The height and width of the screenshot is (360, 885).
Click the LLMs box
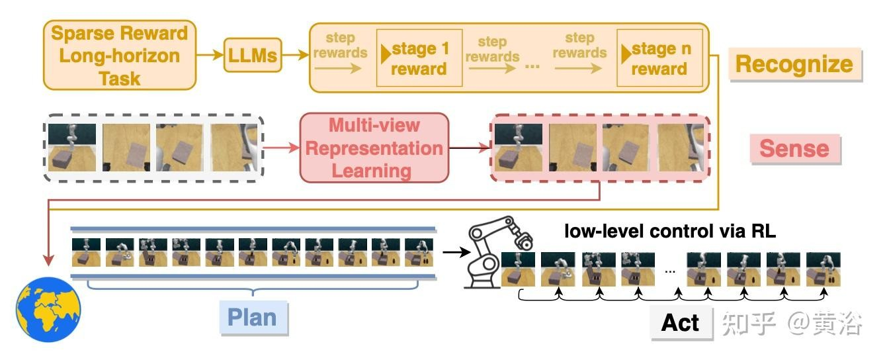253,56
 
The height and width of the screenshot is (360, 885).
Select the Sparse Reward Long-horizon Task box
120,56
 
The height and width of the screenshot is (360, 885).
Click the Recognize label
794,64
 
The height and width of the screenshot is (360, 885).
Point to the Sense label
794,148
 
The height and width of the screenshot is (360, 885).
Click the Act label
681,322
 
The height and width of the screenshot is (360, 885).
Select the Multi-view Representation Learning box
374,148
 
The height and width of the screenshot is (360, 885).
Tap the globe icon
48,309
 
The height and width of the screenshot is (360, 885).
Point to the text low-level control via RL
670,232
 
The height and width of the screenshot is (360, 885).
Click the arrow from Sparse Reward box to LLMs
210,56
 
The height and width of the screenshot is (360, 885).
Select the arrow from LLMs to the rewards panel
295,56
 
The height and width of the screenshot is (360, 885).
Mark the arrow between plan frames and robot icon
452,251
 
